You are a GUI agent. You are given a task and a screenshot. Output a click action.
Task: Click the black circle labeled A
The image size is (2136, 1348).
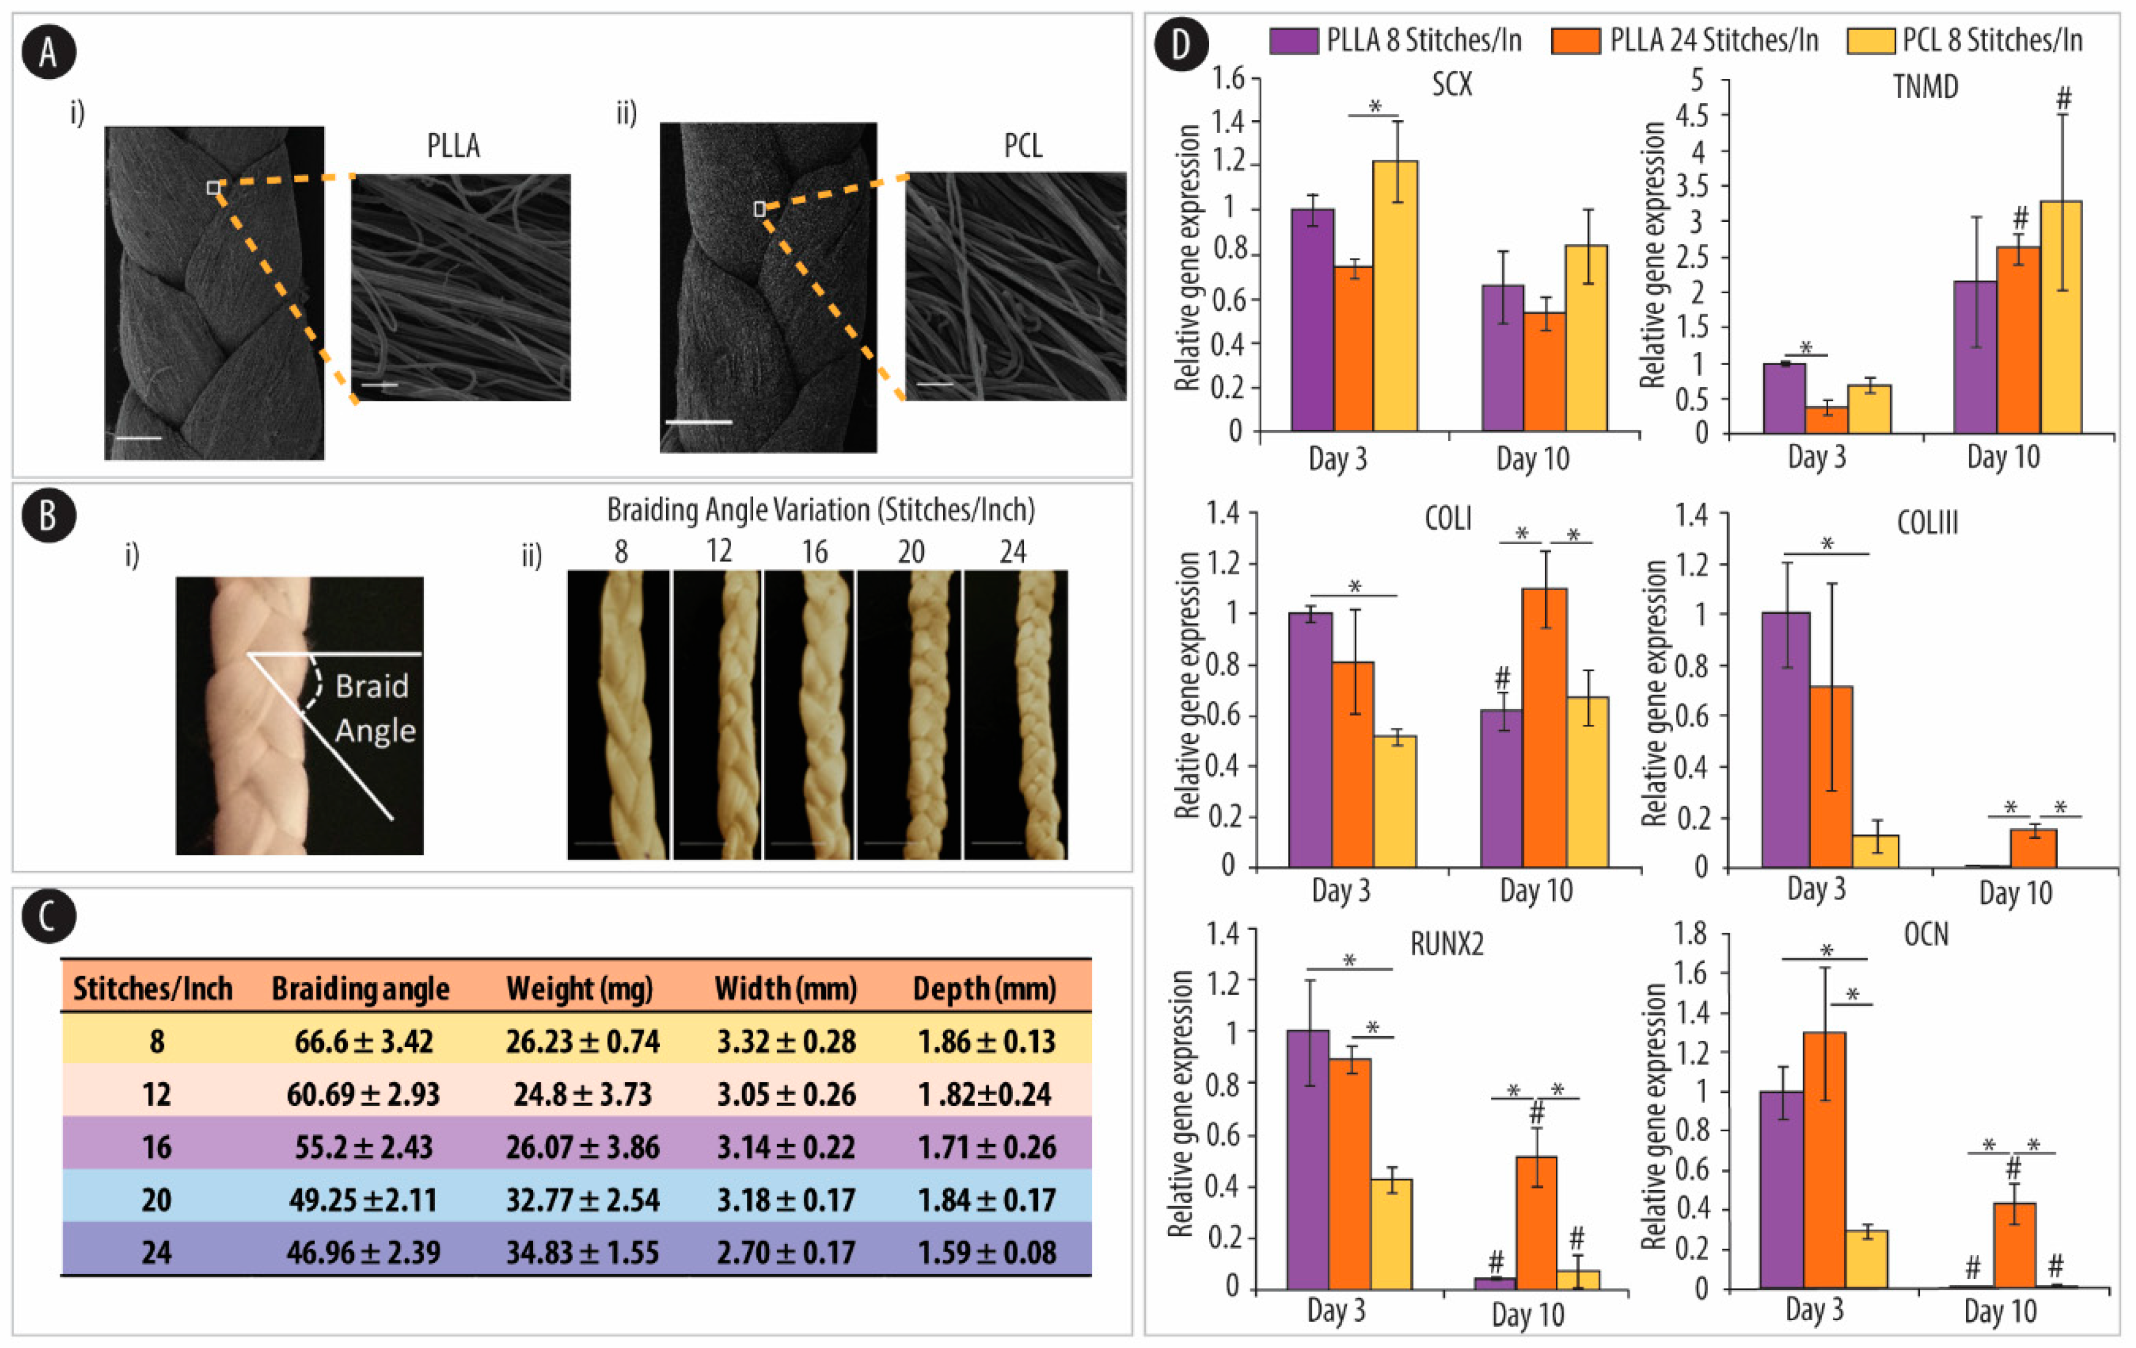[49, 52]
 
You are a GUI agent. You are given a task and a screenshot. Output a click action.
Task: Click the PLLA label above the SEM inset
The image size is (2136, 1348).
[454, 145]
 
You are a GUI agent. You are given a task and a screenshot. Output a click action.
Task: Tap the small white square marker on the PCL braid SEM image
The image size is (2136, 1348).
[759, 209]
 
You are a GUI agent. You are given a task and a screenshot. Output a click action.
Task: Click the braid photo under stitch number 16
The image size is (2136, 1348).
[809, 714]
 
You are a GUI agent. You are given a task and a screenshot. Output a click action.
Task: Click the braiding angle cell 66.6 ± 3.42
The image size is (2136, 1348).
[364, 1041]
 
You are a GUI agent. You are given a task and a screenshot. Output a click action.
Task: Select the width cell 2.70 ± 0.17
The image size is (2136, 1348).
[786, 1252]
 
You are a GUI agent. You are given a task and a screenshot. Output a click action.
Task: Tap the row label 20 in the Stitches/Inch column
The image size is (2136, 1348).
[156, 1200]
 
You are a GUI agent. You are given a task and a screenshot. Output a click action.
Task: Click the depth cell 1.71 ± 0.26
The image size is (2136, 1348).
[986, 1146]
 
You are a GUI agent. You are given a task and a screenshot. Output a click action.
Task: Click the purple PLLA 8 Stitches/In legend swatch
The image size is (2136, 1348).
[1292, 41]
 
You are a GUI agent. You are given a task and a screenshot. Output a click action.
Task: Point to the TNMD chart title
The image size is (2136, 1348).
[1925, 87]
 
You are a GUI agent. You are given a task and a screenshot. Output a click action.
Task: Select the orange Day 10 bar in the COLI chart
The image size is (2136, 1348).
[1544, 727]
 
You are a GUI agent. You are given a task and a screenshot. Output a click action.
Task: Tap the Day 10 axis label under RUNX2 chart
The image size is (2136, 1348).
[1527, 1314]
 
